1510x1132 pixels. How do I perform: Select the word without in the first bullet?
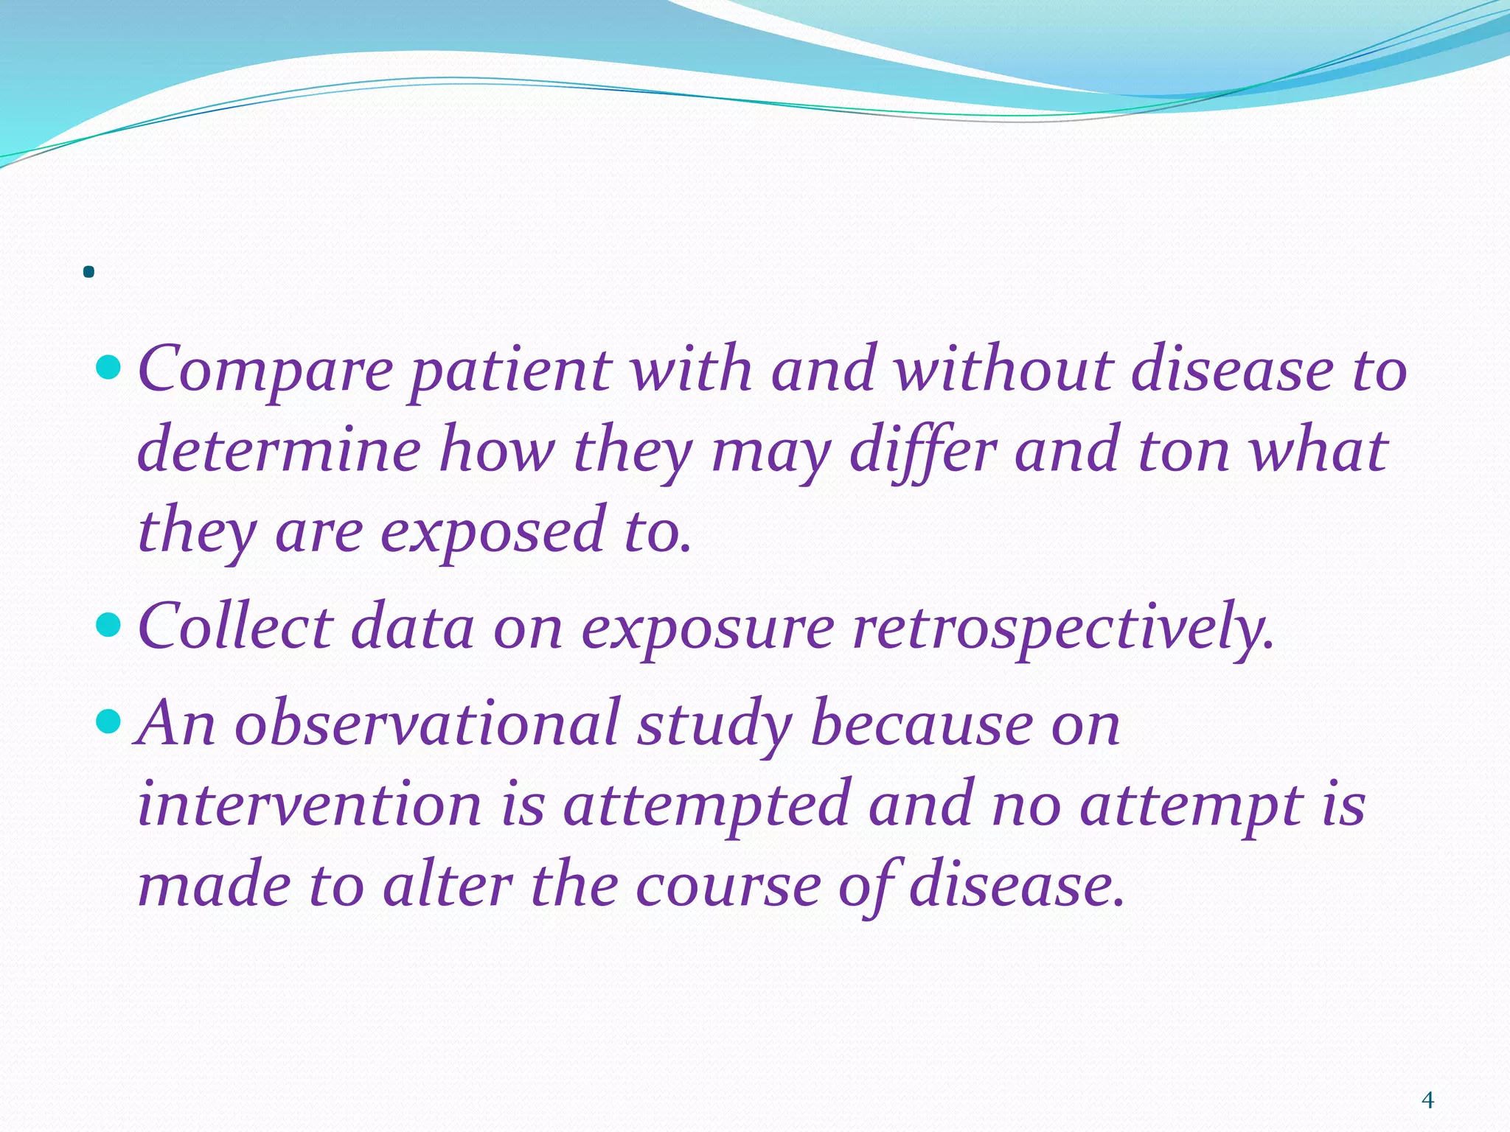coord(1003,368)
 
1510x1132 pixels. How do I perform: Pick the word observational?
coord(427,724)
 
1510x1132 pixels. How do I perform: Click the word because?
coord(922,724)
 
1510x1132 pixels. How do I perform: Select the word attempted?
coord(707,805)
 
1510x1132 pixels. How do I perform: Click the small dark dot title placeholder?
coord(89,273)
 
